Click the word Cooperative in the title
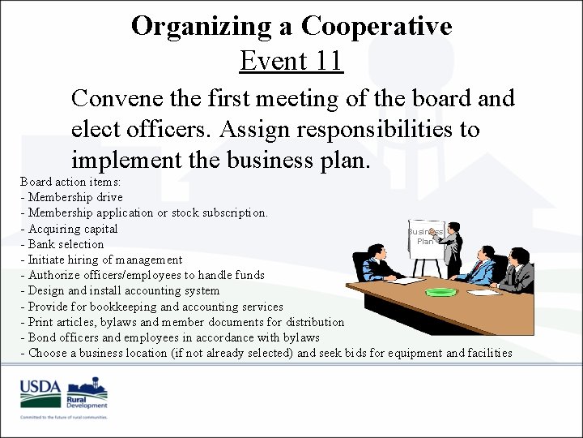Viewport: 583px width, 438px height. pos(377,26)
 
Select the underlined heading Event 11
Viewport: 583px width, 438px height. pos(291,61)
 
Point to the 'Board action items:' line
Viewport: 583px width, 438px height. pos(70,181)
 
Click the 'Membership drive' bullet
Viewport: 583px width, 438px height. pos(74,197)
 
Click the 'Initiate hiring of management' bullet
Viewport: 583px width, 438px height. pos(104,260)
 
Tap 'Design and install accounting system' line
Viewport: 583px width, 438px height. pos(123,290)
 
